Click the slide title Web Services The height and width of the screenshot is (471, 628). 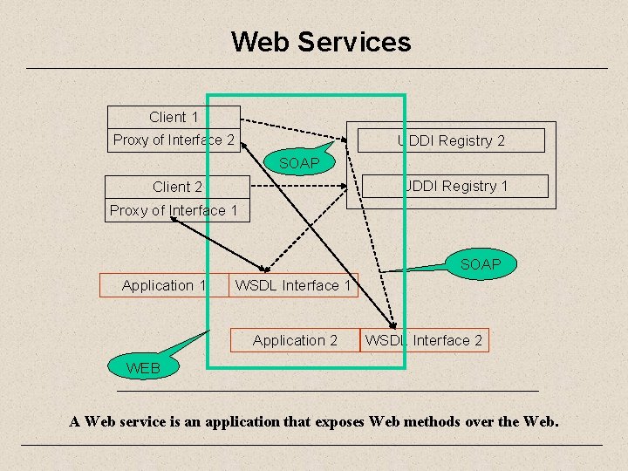[x=320, y=42]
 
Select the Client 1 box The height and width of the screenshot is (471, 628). [x=174, y=117]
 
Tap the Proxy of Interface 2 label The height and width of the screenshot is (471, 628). [x=174, y=140]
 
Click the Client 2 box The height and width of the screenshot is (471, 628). [x=177, y=187]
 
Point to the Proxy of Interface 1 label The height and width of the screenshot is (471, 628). [x=174, y=210]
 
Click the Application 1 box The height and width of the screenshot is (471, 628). [x=164, y=285]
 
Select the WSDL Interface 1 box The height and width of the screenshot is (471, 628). [x=293, y=285]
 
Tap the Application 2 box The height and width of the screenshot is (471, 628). [x=295, y=340]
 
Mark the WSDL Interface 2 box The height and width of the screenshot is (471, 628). [x=424, y=340]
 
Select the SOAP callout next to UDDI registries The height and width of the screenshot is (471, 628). [x=299, y=163]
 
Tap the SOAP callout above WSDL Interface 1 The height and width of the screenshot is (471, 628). [x=480, y=263]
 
